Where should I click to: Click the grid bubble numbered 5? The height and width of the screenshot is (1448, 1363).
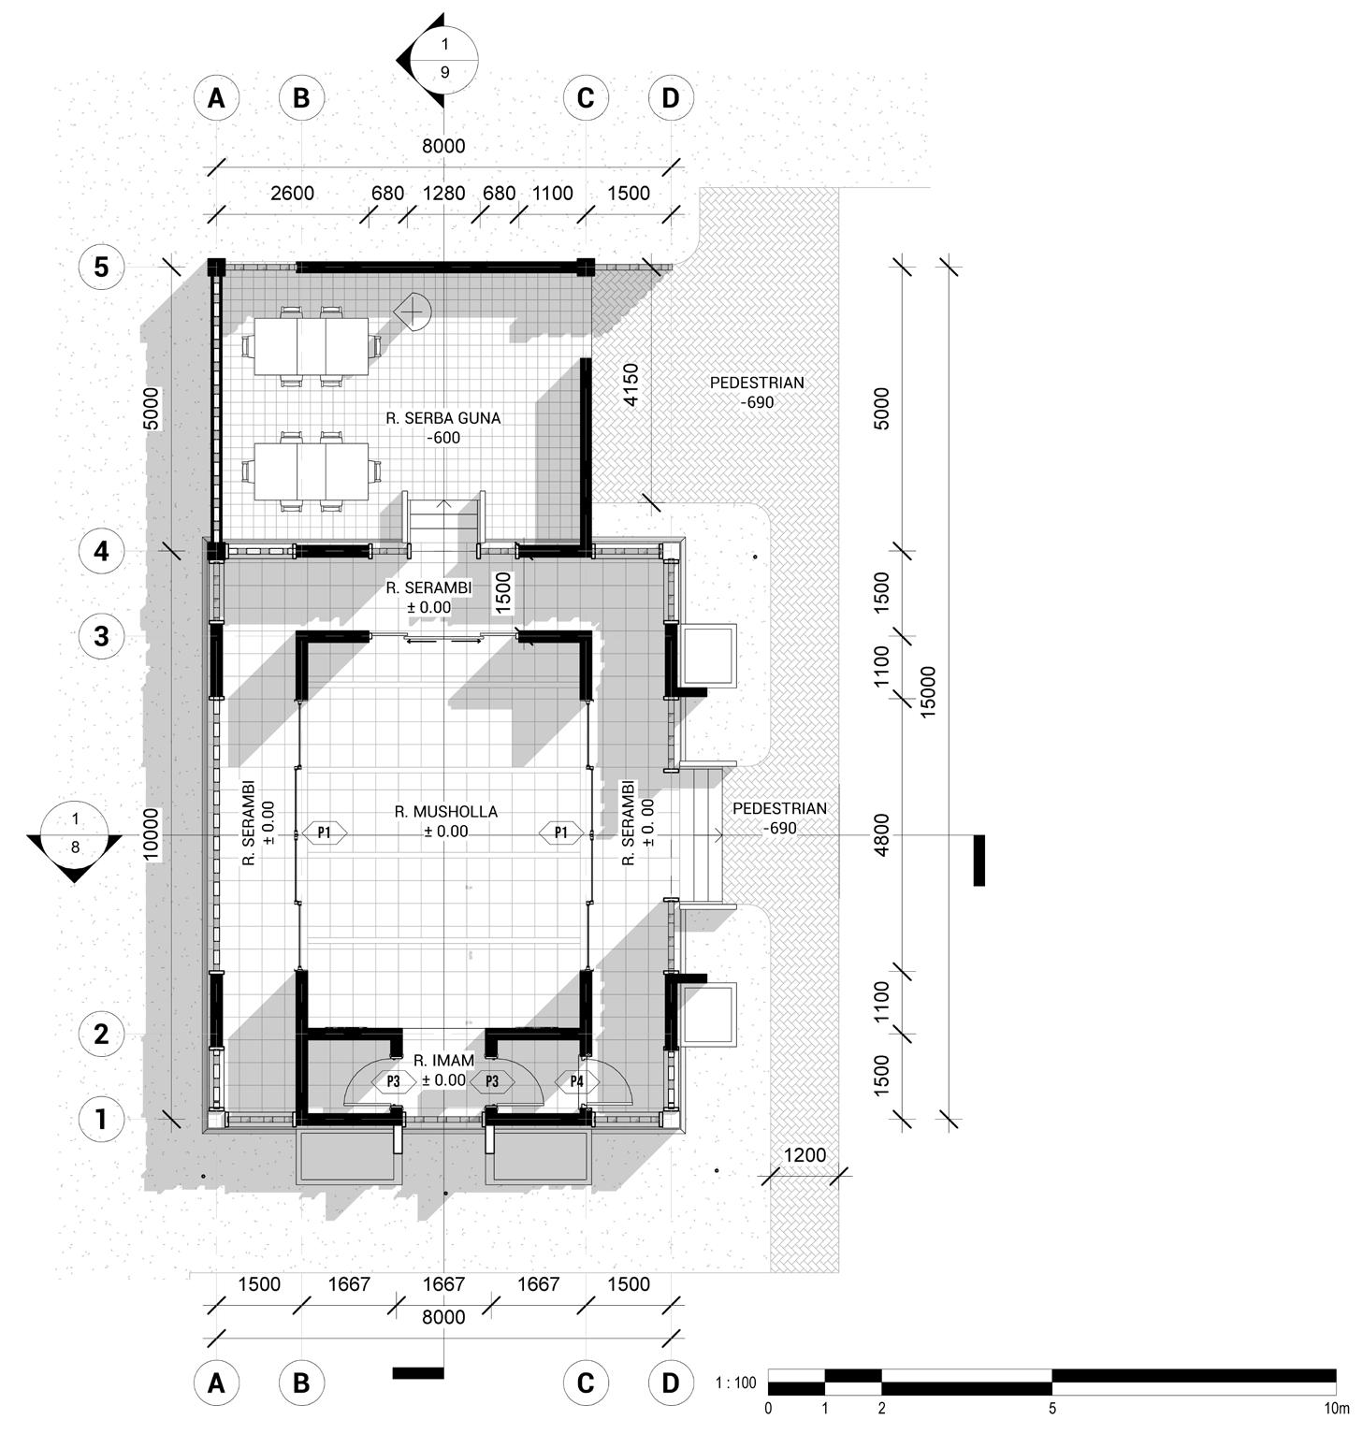(101, 267)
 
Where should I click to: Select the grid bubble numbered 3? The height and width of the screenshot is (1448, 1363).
(101, 636)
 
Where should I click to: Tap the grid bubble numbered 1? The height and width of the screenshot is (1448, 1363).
(101, 1119)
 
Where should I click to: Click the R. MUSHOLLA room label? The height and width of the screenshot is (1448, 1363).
(445, 812)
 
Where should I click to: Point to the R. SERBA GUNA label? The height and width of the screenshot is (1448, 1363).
(443, 418)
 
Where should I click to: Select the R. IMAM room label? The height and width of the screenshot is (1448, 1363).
(443, 1061)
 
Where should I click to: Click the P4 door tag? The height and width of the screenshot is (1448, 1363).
(576, 1081)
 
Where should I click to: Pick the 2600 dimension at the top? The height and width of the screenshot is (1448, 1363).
(292, 194)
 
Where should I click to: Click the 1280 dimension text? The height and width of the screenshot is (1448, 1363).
(443, 194)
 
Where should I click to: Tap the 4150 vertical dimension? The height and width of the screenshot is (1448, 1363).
(631, 384)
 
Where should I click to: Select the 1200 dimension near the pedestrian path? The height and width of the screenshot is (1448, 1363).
(805, 1155)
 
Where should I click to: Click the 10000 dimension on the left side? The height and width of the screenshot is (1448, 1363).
(152, 834)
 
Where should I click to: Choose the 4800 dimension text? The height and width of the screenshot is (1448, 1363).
(881, 834)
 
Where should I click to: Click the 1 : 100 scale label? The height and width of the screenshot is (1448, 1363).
(735, 1383)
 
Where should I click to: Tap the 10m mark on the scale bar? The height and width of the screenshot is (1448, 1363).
(1337, 1408)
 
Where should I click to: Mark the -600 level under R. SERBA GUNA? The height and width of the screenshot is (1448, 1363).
(443, 438)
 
